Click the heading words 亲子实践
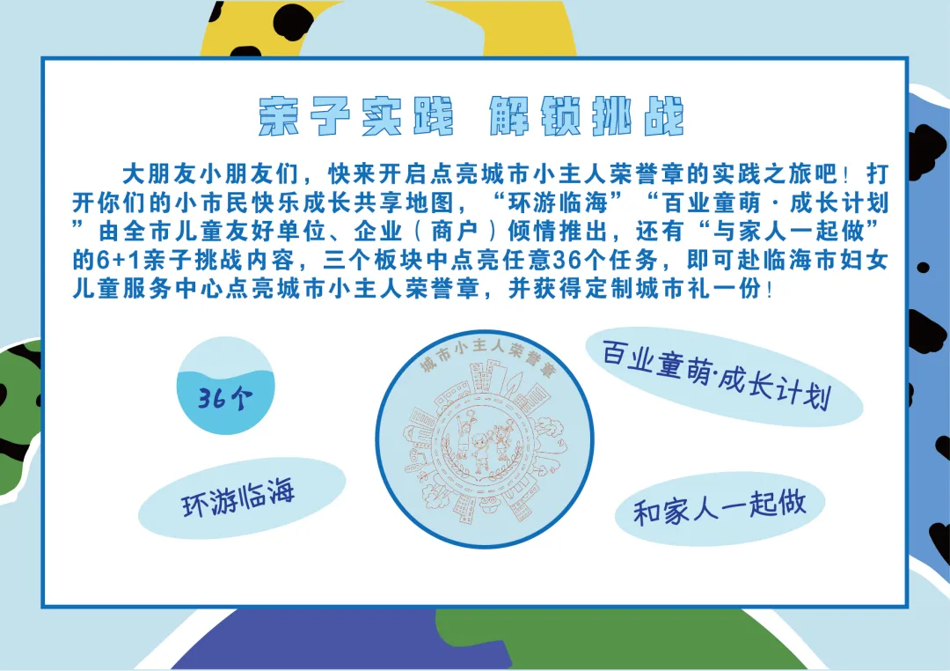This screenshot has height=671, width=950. [x=356, y=115]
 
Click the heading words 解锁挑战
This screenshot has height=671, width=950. [x=587, y=115]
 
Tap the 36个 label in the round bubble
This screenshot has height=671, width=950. [x=225, y=398]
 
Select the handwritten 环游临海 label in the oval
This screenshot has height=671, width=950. [x=238, y=498]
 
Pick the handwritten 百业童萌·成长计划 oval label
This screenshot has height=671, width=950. [x=716, y=374]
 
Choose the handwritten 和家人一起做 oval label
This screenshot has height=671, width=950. [x=720, y=508]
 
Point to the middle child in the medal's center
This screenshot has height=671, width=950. [x=482, y=452]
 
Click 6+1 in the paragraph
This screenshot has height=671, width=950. [x=119, y=261]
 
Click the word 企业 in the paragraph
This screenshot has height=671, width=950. [x=378, y=232]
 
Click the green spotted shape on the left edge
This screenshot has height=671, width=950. [x=18, y=418]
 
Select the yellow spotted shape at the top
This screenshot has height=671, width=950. [x=388, y=28]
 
